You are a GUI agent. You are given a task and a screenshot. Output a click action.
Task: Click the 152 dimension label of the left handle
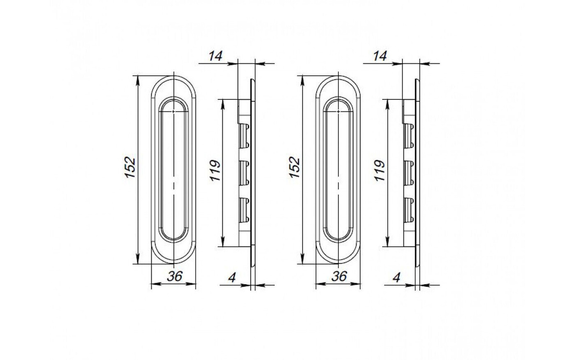(x=130, y=168)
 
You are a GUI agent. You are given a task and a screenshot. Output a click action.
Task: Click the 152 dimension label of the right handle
(x=295, y=168)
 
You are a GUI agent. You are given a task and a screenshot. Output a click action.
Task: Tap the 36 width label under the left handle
(x=175, y=276)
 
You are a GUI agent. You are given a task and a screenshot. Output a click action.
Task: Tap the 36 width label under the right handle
(x=339, y=276)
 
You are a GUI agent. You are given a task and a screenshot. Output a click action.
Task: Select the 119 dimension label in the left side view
(x=215, y=171)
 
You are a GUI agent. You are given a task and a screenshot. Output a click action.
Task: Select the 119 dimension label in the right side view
(x=380, y=171)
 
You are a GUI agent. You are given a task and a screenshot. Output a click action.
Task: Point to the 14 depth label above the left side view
(x=216, y=56)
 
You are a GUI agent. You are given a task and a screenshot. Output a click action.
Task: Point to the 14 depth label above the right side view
(x=380, y=56)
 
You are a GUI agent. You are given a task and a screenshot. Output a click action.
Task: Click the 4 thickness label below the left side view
(x=232, y=278)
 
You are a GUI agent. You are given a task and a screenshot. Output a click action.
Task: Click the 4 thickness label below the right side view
(x=396, y=278)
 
